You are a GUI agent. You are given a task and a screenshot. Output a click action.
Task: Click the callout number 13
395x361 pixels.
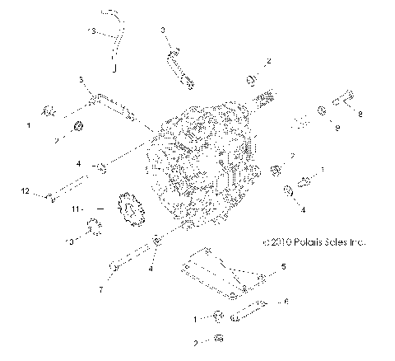click(x=93, y=30)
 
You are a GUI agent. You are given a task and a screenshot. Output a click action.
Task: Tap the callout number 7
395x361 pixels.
click(x=101, y=289)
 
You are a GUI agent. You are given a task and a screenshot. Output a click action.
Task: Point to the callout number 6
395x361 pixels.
click(x=286, y=302)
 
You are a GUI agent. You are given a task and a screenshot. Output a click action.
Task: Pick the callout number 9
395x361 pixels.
click(x=335, y=127)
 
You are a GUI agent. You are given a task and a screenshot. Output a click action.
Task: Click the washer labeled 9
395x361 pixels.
click(x=318, y=109)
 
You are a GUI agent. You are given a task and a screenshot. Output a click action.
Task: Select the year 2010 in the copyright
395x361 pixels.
click(x=280, y=243)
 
